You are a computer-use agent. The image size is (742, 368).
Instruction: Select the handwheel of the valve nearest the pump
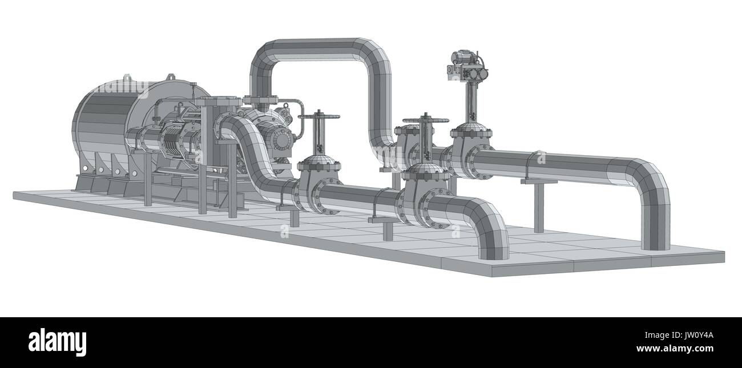(x=319, y=116)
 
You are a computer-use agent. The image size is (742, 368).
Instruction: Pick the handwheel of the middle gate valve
(x=425, y=120)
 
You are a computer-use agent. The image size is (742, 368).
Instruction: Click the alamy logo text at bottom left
(x=57, y=342)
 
